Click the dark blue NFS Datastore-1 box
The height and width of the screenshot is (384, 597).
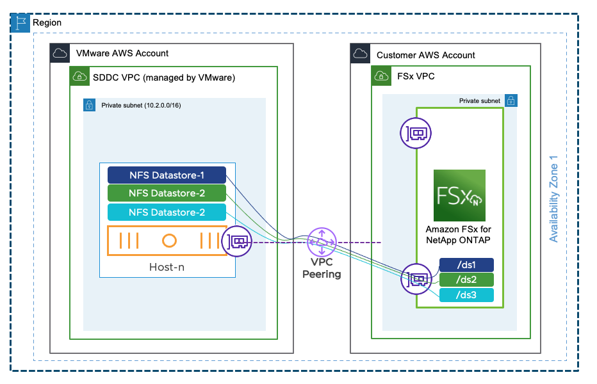(x=167, y=175)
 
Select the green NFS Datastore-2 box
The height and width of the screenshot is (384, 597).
(x=167, y=193)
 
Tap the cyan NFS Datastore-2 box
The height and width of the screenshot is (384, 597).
(x=167, y=212)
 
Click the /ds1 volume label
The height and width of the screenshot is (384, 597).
(x=466, y=265)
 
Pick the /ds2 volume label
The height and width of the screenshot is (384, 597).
(x=466, y=280)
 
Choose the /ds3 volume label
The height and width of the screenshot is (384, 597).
(x=466, y=295)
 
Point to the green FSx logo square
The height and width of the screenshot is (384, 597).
(x=459, y=195)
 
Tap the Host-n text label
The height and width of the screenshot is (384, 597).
(x=167, y=266)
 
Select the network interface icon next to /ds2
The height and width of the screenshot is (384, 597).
(x=414, y=279)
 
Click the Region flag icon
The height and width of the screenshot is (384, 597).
(x=21, y=22)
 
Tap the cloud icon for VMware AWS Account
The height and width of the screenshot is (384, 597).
(x=60, y=53)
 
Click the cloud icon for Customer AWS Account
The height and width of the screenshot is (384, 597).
(x=360, y=54)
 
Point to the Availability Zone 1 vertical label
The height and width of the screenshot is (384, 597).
(x=554, y=203)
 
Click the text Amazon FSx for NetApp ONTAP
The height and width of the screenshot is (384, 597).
(x=459, y=234)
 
